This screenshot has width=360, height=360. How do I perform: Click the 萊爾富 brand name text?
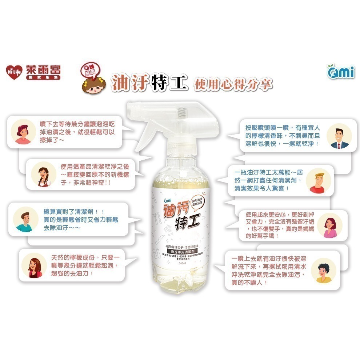coord(43,69)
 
